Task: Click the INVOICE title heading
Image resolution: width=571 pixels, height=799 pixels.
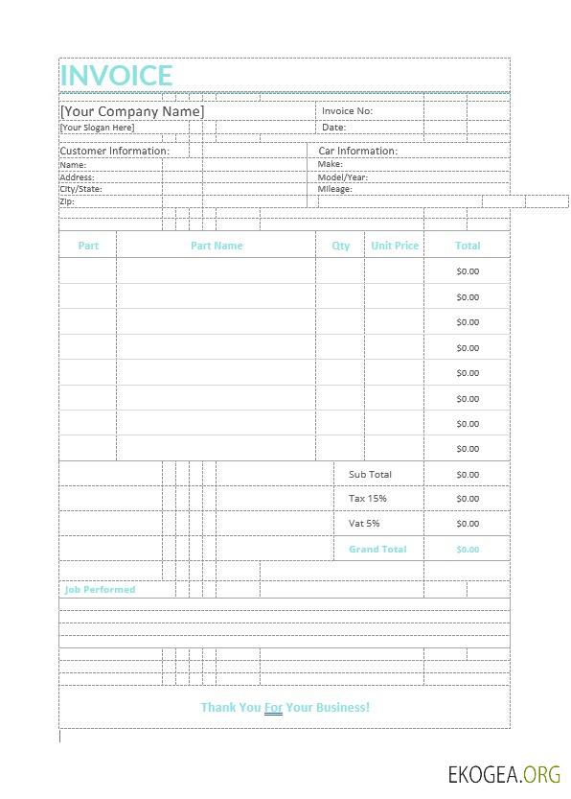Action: tap(116, 75)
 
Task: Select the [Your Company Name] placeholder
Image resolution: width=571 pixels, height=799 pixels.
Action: tap(131, 111)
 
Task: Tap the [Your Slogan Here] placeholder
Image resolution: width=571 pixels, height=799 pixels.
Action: tap(97, 128)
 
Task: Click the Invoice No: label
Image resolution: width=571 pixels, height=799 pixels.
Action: tap(347, 111)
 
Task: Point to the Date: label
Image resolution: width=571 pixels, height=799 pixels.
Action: tap(333, 128)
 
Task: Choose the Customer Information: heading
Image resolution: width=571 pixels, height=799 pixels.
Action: tap(114, 151)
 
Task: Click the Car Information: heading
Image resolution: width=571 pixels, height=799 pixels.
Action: tap(357, 151)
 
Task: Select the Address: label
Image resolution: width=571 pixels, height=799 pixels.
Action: tap(77, 177)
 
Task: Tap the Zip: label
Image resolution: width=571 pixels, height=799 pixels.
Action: tap(67, 201)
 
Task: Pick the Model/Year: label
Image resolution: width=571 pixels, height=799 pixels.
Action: tap(342, 177)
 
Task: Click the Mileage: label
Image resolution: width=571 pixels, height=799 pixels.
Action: tap(334, 189)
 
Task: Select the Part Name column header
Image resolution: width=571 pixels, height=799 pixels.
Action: tap(217, 246)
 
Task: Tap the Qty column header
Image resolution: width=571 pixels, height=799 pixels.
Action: tap(340, 246)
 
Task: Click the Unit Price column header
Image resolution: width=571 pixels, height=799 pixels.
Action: tap(395, 246)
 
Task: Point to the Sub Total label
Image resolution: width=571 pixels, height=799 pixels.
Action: tap(370, 475)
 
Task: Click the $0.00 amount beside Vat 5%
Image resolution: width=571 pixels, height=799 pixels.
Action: tap(468, 524)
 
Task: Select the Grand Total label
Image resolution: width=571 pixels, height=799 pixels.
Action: tap(377, 550)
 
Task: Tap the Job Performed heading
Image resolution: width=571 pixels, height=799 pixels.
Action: tap(100, 590)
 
